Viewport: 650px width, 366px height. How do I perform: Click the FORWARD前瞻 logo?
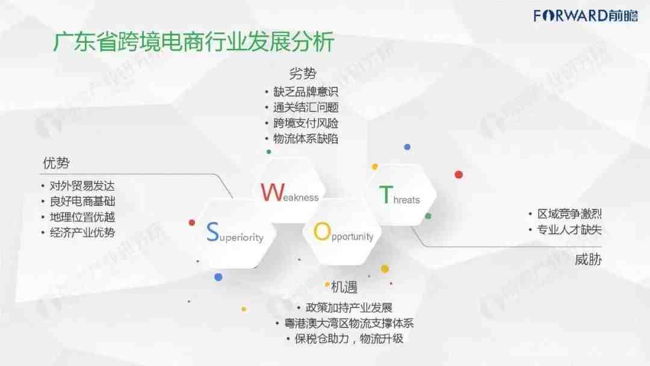pos(586,16)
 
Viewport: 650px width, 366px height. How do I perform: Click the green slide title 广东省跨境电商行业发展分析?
pos(194,42)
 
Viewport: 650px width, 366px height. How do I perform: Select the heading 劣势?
pos(303,74)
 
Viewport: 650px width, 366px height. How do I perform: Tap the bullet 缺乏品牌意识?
pos(306,91)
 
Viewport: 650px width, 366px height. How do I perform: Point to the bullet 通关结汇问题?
pos(306,107)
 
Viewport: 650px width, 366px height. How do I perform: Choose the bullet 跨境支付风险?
pos(306,123)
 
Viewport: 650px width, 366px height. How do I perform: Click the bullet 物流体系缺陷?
pos(306,138)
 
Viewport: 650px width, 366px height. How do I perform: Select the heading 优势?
pos(57,163)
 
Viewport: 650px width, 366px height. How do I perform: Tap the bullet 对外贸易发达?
pos(82,185)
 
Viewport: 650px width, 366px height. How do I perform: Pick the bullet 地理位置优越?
pos(82,217)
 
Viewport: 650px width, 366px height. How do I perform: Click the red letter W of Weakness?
pos(273,192)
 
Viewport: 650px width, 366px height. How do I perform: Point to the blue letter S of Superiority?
pos(212,232)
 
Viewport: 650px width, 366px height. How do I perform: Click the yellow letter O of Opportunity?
pos(322,231)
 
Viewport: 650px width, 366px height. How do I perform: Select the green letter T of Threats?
pos(386,194)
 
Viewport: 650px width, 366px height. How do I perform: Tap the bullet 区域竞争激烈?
pos(569,214)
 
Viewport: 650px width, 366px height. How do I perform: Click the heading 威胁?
pos(588,259)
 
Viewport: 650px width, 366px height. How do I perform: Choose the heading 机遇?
pos(344,287)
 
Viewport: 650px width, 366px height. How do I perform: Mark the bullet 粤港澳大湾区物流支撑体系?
pos(349,323)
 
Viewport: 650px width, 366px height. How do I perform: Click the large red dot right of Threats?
pos(459,175)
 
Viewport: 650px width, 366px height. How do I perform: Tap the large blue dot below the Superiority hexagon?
pos(218,277)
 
